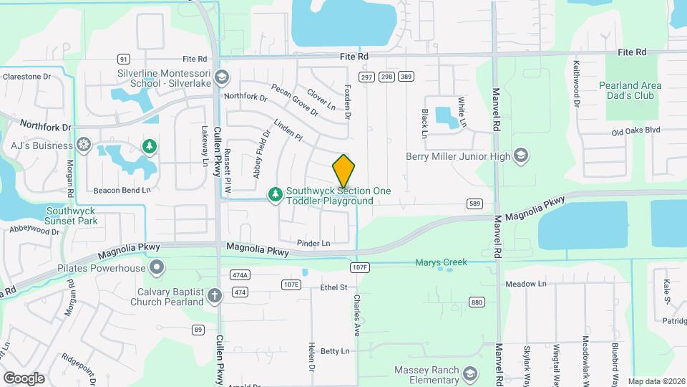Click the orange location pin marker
344,171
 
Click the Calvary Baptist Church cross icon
214,296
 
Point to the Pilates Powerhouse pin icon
157,269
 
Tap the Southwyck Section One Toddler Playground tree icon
275,194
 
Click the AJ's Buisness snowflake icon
84,145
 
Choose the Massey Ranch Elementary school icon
469,374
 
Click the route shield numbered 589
474,204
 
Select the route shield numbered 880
477,302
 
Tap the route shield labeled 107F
360,267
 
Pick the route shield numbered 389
406,77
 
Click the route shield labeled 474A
240,275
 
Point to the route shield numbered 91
124,59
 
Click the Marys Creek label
441,262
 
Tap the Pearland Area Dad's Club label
630,90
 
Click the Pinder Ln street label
314,243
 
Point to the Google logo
24,378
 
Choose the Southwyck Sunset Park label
72,216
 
